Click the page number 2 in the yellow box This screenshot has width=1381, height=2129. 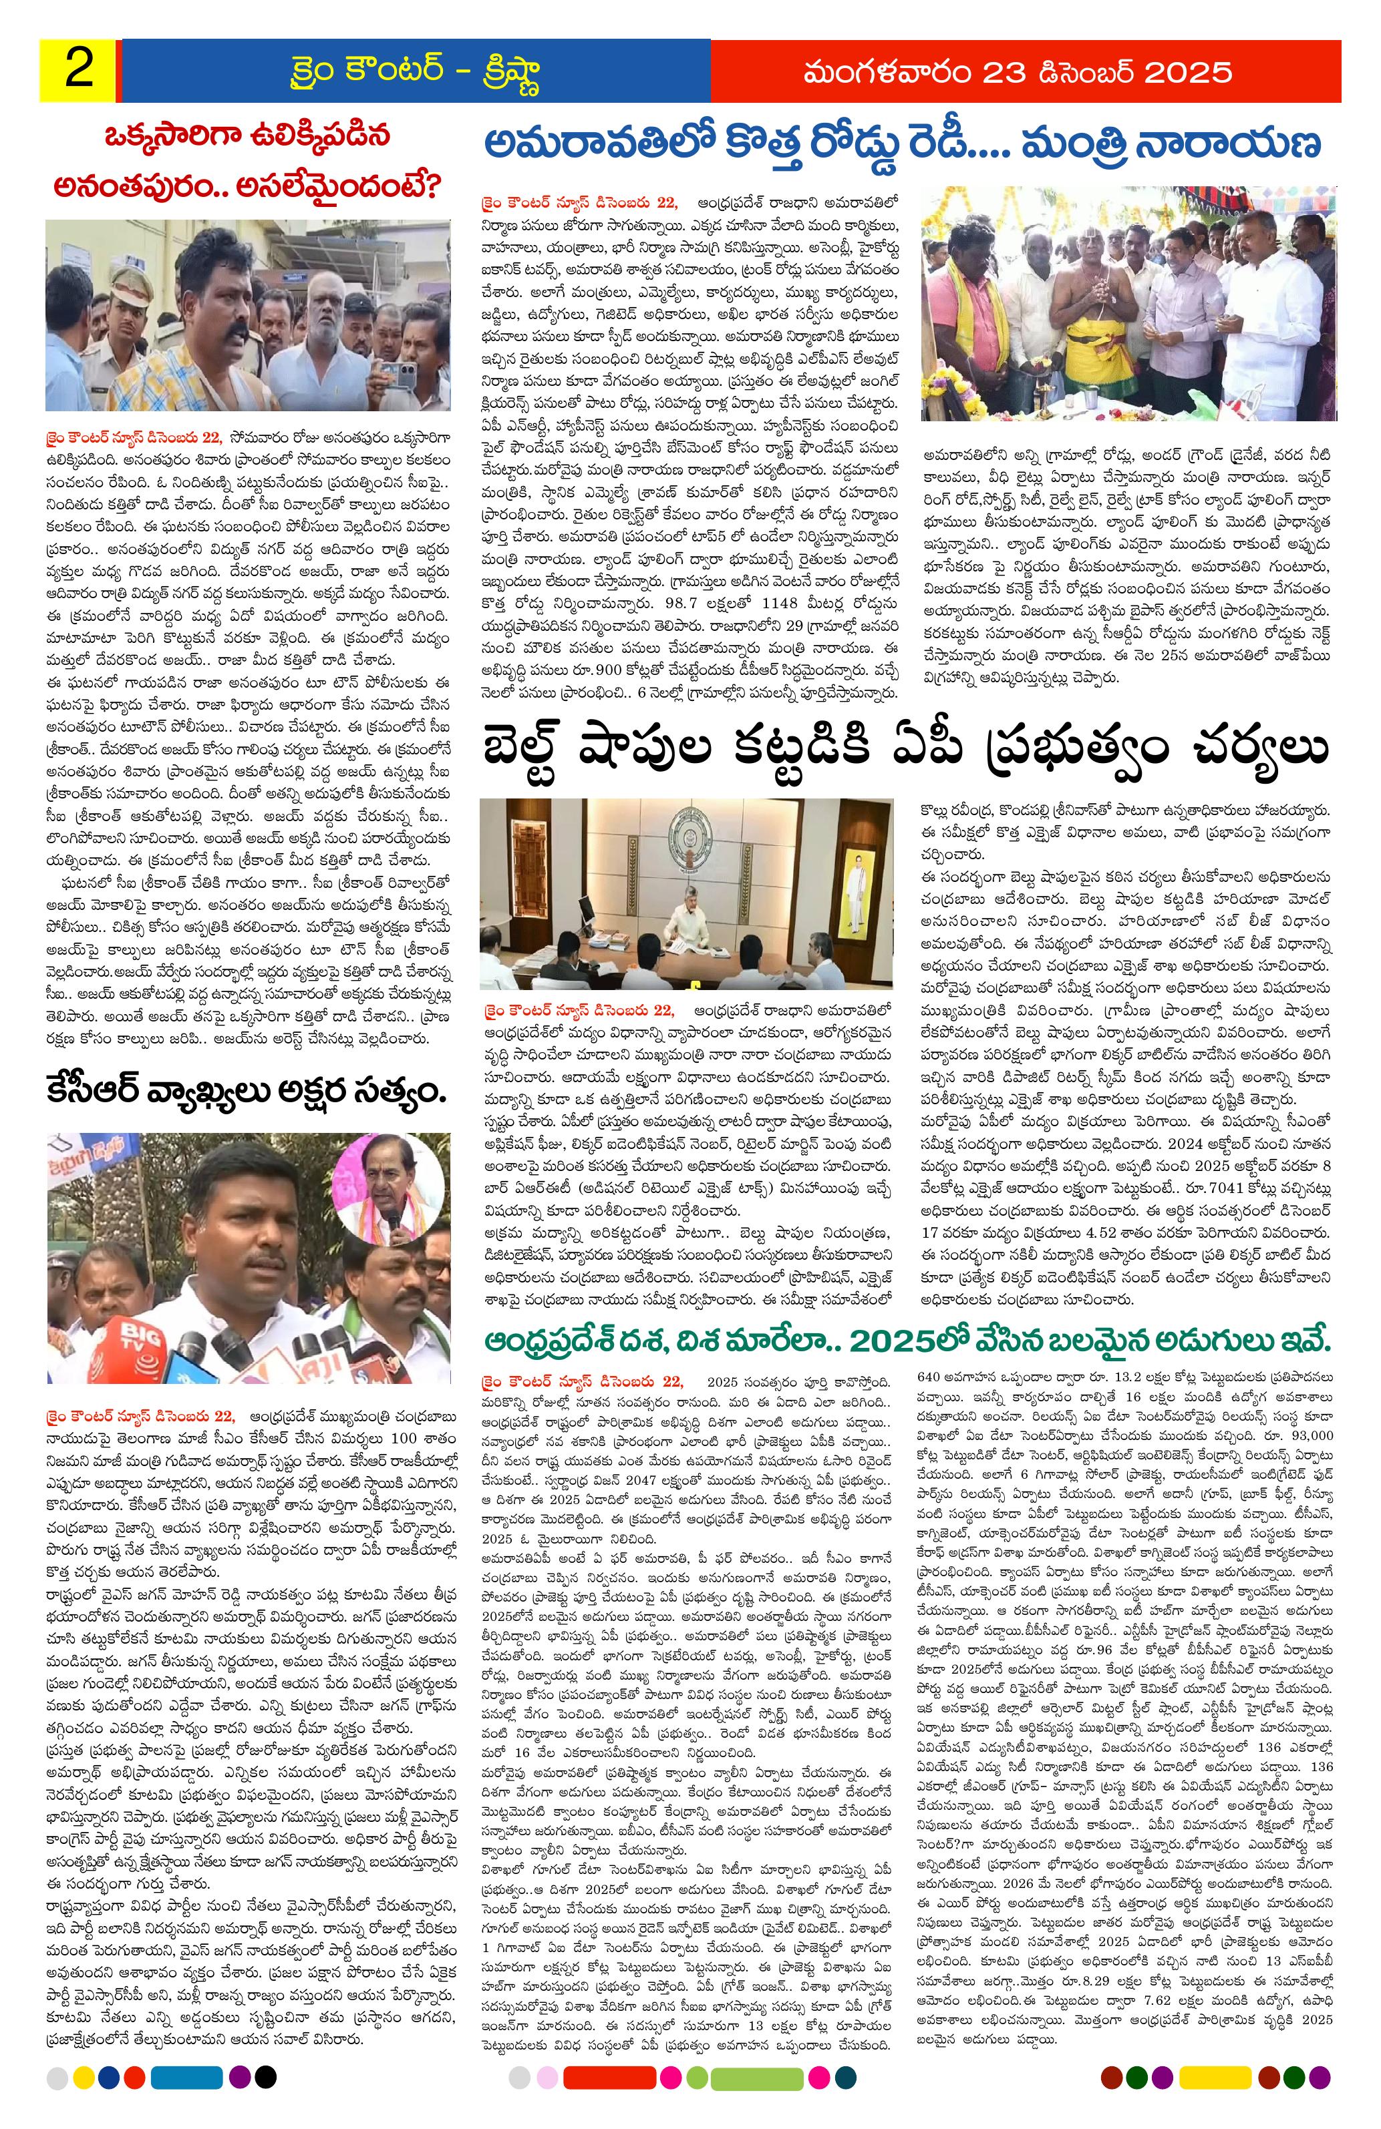[x=79, y=71]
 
